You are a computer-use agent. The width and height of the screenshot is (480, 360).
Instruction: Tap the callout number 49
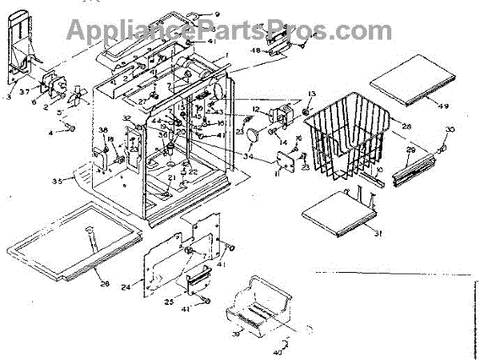coord(444,106)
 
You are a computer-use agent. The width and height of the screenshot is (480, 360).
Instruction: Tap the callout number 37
coord(25,90)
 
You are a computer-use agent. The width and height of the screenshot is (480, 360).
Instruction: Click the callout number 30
coord(450,130)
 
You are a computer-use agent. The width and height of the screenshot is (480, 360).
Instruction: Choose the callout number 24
coord(126,286)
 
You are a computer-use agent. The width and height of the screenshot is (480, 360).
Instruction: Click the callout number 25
coord(168,302)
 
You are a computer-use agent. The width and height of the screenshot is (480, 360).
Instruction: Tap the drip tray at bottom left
coord(72,240)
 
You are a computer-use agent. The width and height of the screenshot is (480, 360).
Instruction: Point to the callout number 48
coord(257,50)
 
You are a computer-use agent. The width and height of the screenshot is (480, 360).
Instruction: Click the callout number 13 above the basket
coord(312,94)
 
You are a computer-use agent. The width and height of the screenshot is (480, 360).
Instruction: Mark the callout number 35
coord(57,182)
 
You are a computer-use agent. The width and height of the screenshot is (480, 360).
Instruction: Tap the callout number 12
coord(256,109)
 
